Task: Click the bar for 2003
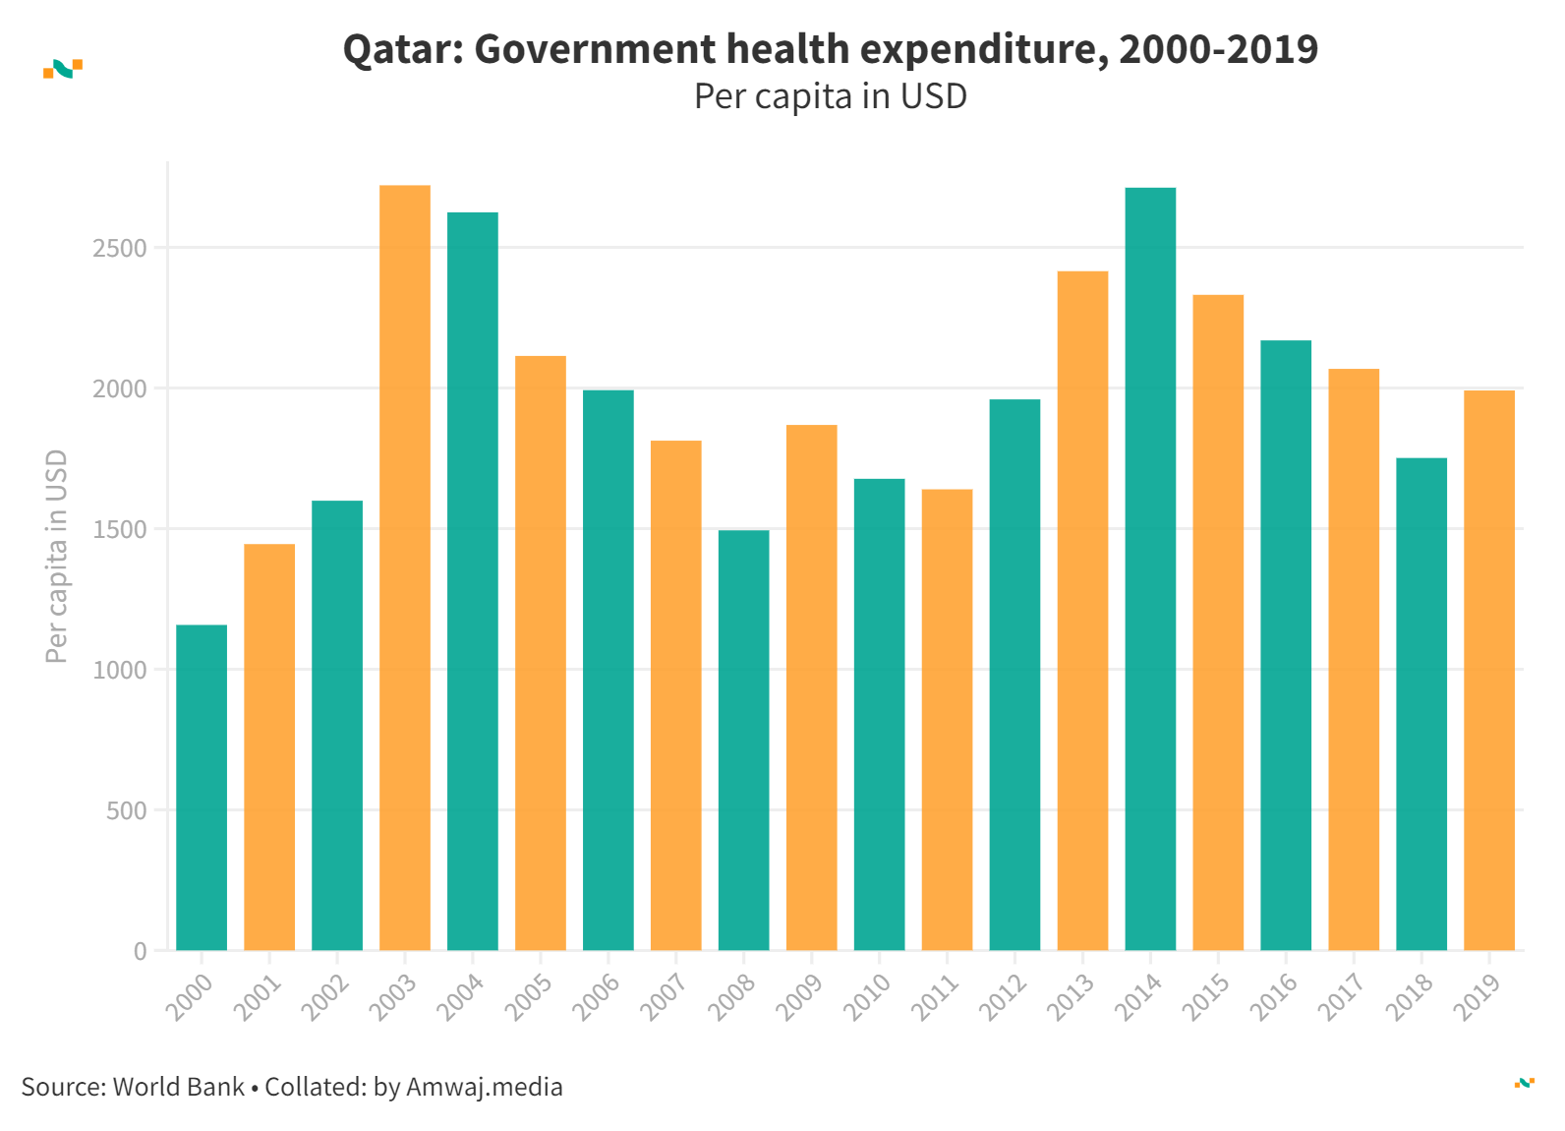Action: (405, 567)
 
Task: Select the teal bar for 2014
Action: (1150, 568)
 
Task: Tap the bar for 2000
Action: (202, 787)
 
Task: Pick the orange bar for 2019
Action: (1489, 670)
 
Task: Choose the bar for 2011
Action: (947, 719)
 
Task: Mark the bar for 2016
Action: (1286, 645)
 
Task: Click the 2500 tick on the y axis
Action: (120, 249)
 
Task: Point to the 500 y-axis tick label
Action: (127, 811)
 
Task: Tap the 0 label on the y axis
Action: (141, 952)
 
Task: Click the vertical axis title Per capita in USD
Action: (57, 557)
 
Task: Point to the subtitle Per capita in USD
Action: (831, 96)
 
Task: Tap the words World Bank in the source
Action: (179, 1087)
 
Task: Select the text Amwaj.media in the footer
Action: (485, 1087)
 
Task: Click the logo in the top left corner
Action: (63, 69)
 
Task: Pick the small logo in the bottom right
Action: (1524, 1083)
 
